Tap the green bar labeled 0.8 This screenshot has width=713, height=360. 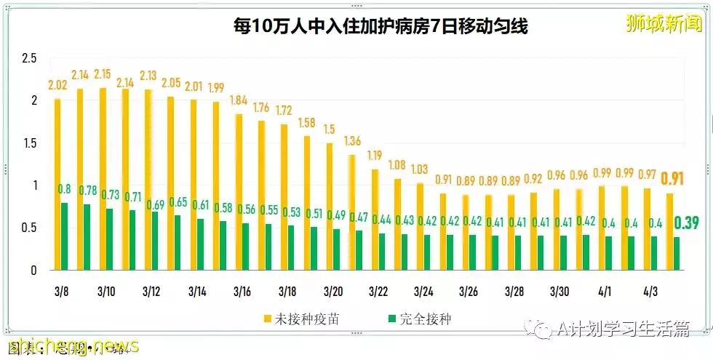click(x=65, y=236)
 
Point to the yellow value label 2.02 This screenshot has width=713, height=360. click(x=57, y=84)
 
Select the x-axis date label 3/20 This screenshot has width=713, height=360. click(x=332, y=292)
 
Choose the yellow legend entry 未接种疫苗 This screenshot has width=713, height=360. click(x=303, y=319)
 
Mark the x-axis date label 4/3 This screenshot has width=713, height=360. click(x=650, y=292)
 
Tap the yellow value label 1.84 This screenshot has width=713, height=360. click(x=239, y=100)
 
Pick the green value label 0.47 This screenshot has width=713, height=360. click(x=359, y=216)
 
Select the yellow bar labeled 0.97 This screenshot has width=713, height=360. click(x=647, y=228)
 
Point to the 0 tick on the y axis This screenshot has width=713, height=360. click(x=33, y=271)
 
